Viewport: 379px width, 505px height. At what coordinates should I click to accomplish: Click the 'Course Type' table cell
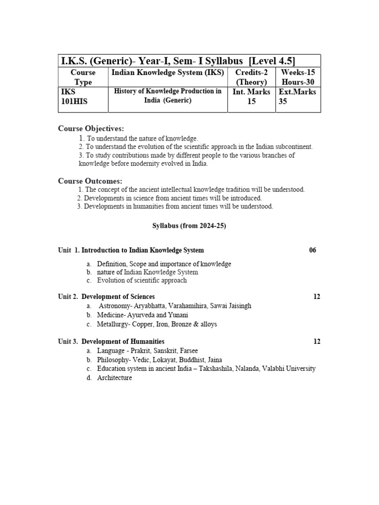pos(83,77)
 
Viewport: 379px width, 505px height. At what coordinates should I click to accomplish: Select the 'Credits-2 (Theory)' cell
pos(251,77)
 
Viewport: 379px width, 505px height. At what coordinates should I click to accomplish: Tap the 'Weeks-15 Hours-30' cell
pos(298,77)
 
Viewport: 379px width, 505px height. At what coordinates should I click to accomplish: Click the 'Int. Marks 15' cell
pos(251,97)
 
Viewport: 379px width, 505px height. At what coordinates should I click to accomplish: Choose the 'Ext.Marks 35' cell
pos(298,97)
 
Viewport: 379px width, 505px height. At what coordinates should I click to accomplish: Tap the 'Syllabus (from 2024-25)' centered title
pos(189,225)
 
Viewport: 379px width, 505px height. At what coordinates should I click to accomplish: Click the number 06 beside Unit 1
pos(312,250)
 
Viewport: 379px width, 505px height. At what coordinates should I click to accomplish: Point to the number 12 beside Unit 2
pos(317,296)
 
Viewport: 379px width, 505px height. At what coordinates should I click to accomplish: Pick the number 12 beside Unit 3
pos(317,341)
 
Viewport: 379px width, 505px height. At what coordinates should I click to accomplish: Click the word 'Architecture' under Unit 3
pos(114,378)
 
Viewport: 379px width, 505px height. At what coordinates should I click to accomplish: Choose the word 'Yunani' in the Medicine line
pos(178,315)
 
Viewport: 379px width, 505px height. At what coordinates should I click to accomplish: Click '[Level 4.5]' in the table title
pos(272,61)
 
